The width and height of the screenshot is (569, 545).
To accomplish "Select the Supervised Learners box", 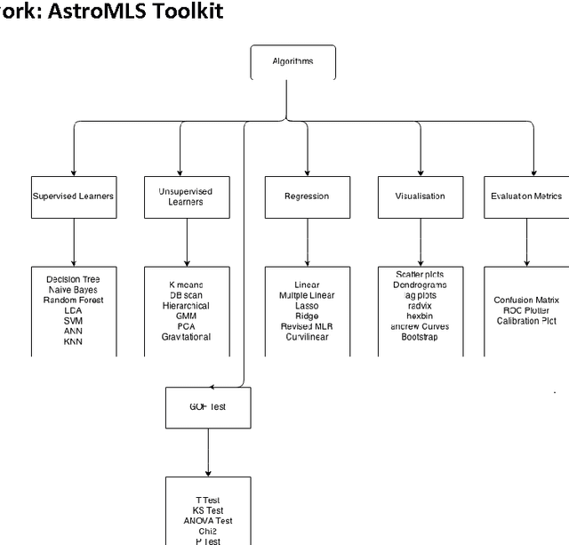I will (x=73, y=196).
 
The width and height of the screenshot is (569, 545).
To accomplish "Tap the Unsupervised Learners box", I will (x=186, y=196).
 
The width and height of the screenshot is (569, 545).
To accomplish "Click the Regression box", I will (x=307, y=196).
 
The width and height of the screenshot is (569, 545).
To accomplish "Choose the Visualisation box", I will (x=420, y=196).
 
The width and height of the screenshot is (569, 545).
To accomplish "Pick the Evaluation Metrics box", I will (x=526, y=196).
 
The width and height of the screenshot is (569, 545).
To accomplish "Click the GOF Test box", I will (x=208, y=407).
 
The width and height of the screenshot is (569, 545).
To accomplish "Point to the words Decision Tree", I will (x=73, y=279).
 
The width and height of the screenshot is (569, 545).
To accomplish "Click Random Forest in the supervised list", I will (x=73, y=301).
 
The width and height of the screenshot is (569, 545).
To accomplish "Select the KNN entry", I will (x=73, y=341).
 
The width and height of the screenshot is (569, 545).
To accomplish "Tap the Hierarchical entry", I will (x=186, y=306).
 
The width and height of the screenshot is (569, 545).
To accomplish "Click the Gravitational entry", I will (x=186, y=337).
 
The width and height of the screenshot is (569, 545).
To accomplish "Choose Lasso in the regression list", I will (x=307, y=306).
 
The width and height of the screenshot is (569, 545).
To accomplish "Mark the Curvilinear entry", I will (x=307, y=337).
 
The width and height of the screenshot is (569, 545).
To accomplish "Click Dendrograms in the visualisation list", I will (x=420, y=285).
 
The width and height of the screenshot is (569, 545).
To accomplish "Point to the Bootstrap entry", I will (x=420, y=337).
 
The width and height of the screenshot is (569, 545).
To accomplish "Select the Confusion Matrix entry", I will (x=526, y=301).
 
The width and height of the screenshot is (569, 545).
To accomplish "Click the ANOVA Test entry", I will (x=208, y=521).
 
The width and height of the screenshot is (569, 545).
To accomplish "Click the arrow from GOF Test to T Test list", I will (x=208, y=453).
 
